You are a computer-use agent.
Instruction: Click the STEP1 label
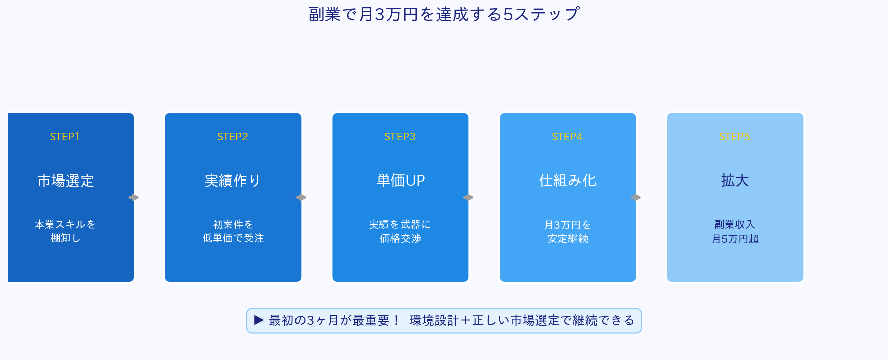click(x=65, y=137)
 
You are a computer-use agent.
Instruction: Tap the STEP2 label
click(x=233, y=137)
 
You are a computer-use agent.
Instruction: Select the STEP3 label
click(x=400, y=137)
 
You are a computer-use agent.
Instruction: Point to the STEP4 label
click(x=567, y=137)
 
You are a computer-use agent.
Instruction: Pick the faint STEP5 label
click(x=735, y=137)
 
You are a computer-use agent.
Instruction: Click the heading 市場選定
click(x=66, y=181)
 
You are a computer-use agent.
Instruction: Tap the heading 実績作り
click(x=233, y=181)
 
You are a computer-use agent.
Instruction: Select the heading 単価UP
click(x=401, y=181)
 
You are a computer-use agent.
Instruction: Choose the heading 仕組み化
click(x=567, y=181)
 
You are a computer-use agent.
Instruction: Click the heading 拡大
click(x=735, y=181)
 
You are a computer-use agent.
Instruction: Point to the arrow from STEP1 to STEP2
click(x=134, y=197)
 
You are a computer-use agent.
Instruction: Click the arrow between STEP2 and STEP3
click(x=301, y=197)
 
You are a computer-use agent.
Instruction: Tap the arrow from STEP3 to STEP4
click(x=468, y=197)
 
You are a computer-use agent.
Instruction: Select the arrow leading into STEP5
click(x=636, y=197)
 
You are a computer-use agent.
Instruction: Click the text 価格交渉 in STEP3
click(x=401, y=238)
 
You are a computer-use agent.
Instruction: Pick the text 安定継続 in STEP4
click(x=568, y=238)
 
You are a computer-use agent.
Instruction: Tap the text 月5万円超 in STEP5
click(x=735, y=239)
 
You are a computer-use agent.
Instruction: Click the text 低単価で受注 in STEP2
click(x=233, y=238)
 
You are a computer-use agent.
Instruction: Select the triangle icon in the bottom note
click(x=259, y=320)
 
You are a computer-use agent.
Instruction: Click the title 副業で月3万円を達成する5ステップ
click(x=444, y=14)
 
